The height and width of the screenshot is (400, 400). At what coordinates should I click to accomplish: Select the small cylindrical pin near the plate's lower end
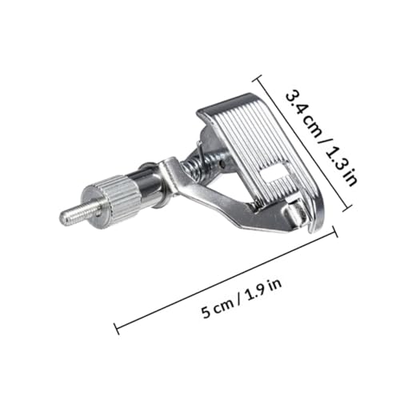[295, 211]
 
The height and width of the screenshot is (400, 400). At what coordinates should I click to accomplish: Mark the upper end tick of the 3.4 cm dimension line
[257, 78]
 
